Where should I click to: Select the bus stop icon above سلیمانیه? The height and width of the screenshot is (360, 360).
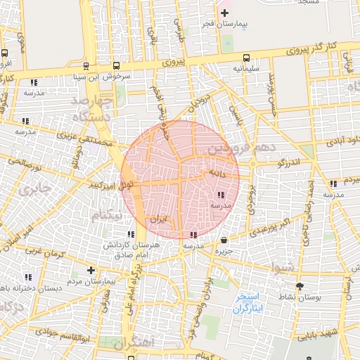click(246, 58)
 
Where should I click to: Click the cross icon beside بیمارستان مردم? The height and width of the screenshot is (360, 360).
click(90, 270)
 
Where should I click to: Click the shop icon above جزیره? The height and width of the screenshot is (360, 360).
click(224, 240)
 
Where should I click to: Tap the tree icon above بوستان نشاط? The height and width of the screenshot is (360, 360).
click(301, 286)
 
